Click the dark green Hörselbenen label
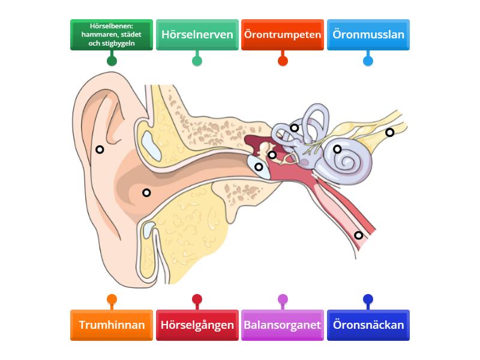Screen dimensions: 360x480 [111, 35]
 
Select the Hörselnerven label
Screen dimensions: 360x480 [197, 35]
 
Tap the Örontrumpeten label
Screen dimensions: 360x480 [283, 35]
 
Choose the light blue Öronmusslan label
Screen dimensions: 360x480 [368, 35]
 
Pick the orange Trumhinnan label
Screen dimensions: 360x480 [111, 325]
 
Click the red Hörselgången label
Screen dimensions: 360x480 [197, 325]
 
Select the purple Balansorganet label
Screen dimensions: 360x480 [283, 325]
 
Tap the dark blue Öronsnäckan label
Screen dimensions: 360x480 [368, 325]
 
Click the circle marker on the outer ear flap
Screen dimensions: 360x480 [100, 149]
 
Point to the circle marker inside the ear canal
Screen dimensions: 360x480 [146, 193]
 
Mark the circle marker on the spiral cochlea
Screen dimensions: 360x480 [337, 149]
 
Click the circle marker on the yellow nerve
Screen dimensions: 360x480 [390, 133]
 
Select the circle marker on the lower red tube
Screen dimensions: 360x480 [359, 235]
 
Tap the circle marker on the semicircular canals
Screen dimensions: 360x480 [295, 128]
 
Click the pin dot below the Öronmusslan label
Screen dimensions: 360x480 [368, 61]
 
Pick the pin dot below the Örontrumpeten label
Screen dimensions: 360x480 [283, 61]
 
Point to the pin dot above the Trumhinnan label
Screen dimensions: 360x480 [111, 299]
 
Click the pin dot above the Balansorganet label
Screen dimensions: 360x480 [283, 299]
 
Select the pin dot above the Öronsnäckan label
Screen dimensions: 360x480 [368, 299]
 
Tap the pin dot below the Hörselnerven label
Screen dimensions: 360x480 [197, 61]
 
